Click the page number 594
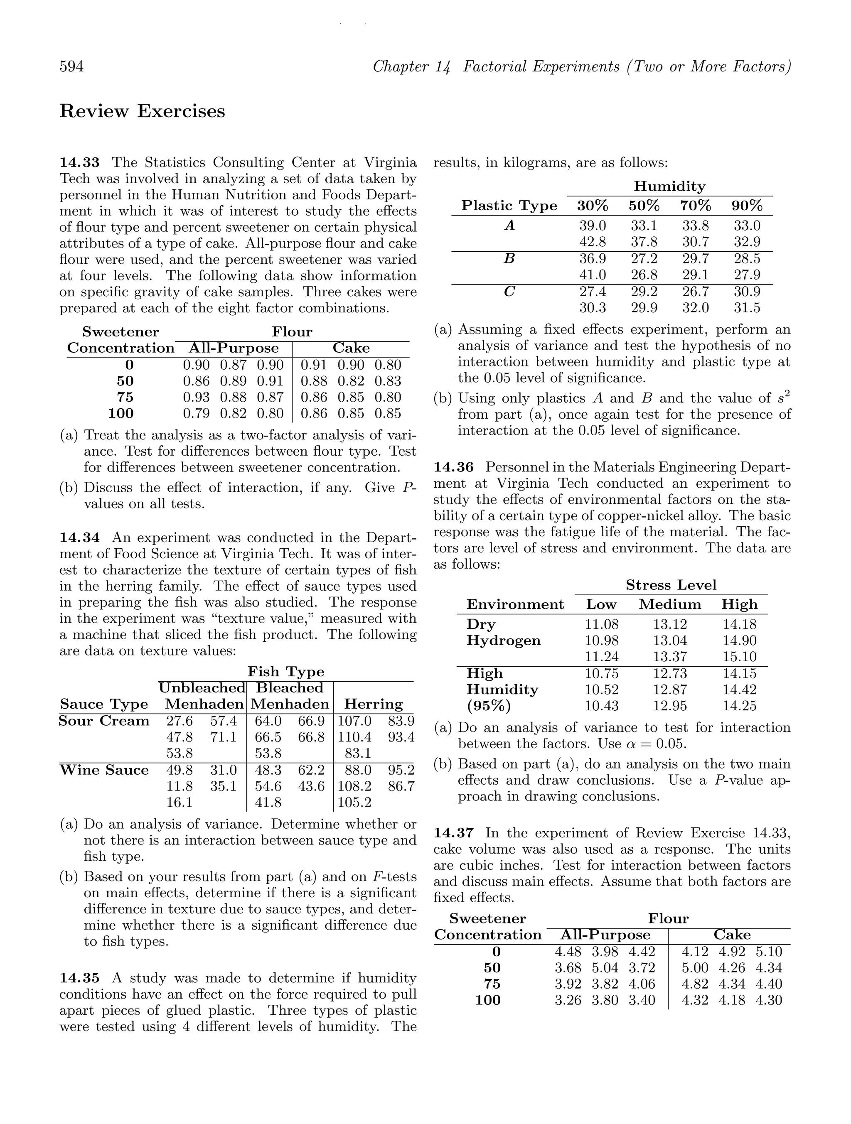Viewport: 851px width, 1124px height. click(x=72, y=66)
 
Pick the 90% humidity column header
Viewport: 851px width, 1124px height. click(x=747, y=206)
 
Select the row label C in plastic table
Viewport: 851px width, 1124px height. click(x=509, y=291)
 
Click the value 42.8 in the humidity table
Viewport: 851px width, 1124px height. click(x=592, y=242)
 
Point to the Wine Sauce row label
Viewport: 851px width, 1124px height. click(x=104, y=770)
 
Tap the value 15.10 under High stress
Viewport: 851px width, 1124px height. click(x=739, y=657)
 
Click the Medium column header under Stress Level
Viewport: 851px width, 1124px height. click(x=669, y=604)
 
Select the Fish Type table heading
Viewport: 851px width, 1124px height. click(x=286, y=672)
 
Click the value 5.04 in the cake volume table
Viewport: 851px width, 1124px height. click(x=605, y=968)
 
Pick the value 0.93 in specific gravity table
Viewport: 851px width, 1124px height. click(x=196, y=398)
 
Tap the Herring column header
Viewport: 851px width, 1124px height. click(x=373, y=704)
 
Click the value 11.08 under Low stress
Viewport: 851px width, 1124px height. click(x=601, y=624)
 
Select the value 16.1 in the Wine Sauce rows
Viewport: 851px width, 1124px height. click(x=180, y=803)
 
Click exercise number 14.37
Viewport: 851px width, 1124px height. click(x=453, y=833)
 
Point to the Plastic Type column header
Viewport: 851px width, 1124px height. click(x=509, y=206)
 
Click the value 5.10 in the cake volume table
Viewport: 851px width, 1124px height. click(x=769, y=952)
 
